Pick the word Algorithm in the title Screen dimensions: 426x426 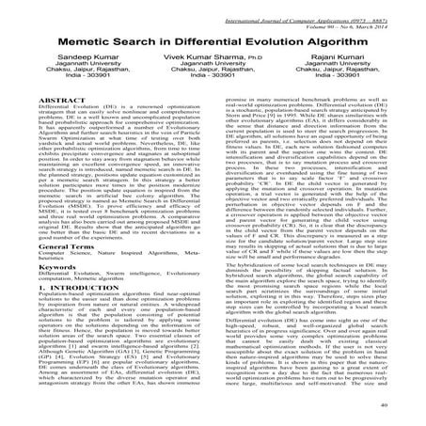click(x=364, y=42)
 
